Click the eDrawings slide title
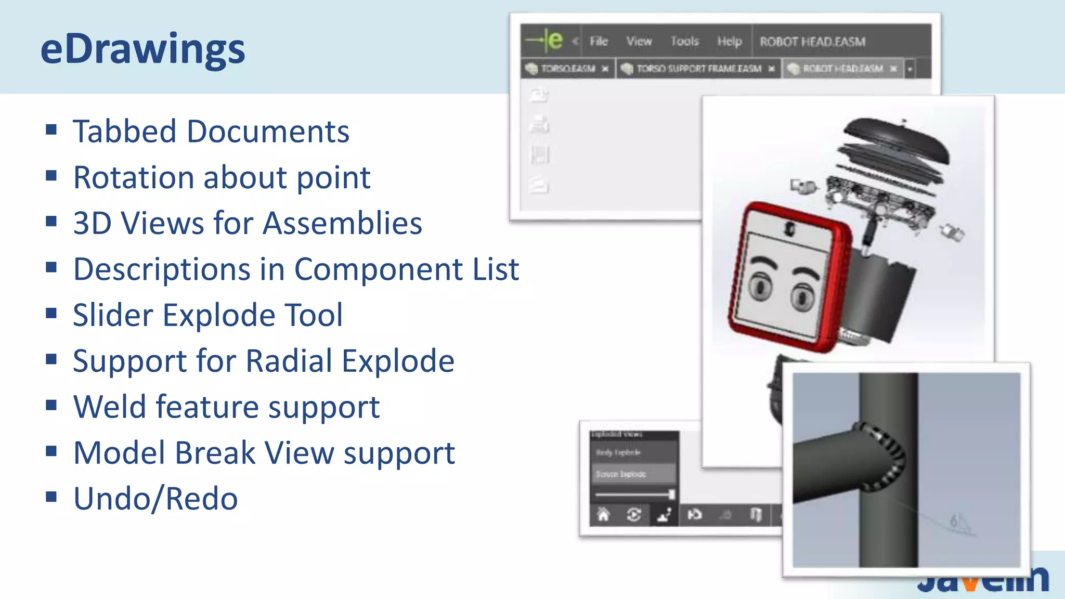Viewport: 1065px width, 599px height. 142,49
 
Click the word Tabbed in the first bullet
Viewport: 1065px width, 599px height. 125,131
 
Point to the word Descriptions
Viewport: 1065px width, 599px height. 162,269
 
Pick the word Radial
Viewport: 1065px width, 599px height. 289,361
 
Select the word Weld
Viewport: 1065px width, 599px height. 110,407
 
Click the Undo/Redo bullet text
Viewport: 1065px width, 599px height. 155,499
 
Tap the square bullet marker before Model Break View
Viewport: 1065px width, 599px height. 51,451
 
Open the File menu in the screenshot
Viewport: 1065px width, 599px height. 599,41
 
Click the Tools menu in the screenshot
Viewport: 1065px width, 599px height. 684,41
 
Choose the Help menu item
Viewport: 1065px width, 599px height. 729,41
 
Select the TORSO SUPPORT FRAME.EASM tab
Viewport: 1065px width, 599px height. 698,69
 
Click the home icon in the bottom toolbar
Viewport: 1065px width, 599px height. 603,515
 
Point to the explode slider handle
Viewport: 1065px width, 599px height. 672,494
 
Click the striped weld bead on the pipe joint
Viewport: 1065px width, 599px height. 884,458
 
